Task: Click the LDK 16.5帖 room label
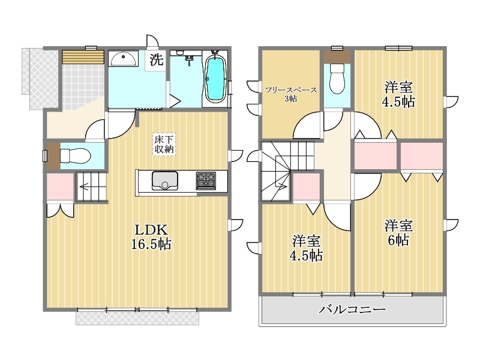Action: pos(151,236)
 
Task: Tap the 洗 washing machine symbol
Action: pos(156,59)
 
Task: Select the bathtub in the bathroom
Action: pos(215,79)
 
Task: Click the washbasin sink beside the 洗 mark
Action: pos(124,59)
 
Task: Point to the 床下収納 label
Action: pos(164,144)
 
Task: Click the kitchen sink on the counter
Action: pos(164,181)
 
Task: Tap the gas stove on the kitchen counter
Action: pos(206,181)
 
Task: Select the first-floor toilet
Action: pos(75,156)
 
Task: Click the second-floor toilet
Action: pos(337,79)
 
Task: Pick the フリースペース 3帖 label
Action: pos(291,94)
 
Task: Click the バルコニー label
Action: pos(352,310)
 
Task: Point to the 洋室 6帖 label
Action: pos(398,233)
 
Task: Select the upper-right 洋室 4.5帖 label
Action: pos(398,94)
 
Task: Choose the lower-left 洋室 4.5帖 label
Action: pos(306,248)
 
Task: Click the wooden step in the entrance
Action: pos(83,57)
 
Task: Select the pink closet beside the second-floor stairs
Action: pos(307,187)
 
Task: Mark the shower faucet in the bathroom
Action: pos(190,59)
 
